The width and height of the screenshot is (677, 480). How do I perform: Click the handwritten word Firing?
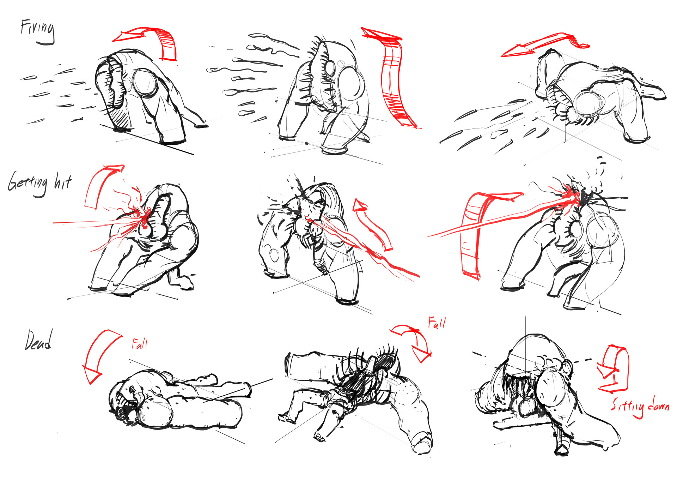[x=37, y=31]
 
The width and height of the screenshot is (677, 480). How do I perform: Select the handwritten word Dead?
[x=38, y=340]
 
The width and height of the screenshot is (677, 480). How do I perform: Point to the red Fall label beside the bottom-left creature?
[x=140, y=343]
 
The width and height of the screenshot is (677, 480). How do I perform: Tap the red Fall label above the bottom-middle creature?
[x=437, y=323]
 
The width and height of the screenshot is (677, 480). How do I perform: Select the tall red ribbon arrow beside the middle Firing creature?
[x=391, y=78]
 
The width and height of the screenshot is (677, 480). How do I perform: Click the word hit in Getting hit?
[x=63, y=182]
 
